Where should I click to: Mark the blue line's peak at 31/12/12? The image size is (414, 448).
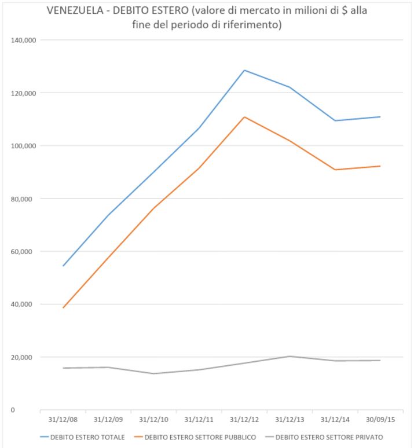pyautogui.click(x=244, y=70)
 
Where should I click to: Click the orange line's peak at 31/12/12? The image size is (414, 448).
pyautogui.click(x=244, y=117)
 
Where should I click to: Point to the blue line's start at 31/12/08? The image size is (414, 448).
pyautogui.click(x=63, y=266)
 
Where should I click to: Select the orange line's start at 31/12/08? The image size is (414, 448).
pyautogui.click(x=63, y=307)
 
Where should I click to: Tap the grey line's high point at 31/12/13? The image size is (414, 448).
pyautogui.click(x=290, y=356)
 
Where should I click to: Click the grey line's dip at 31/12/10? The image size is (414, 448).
pyautogui.click(x=153, y=373)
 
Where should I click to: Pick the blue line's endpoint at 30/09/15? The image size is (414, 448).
pyautogui.click(x=380, y=117)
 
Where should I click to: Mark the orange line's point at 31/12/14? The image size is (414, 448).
pyautogui.click(x=335, y=170)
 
